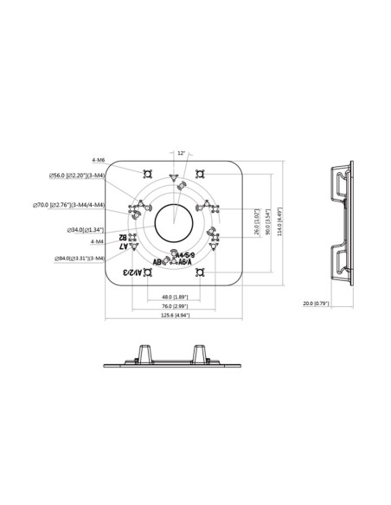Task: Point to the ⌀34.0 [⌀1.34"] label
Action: click(x=86, y=230)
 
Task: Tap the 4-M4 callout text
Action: click(x=97, y=243)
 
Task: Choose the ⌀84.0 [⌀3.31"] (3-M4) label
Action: click(x=79, y=258)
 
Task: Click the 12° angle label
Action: click(x=180, y=153)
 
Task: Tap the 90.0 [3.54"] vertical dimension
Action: click(x=269, y=221)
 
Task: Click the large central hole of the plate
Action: click(x=173, y=221)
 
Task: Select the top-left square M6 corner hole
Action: click(x=149, y=170)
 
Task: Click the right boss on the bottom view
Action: click(x=202, y=353)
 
